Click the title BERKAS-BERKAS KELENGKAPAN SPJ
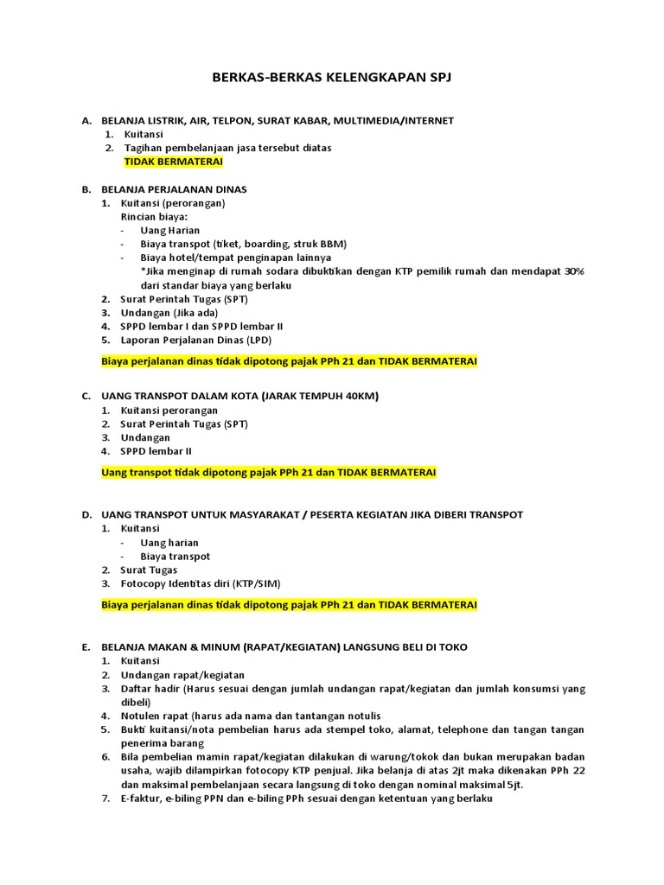[332, 78]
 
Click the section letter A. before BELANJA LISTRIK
[86, 120]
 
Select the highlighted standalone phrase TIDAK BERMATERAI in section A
[174, 162]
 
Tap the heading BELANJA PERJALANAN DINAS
[174, 188]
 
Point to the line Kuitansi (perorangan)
[174, 202]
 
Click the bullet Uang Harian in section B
[170, 230]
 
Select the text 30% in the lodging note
[574, 271]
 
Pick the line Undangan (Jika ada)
[170, 312]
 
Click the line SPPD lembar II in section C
[156, 450]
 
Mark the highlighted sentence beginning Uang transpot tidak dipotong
[269, 473]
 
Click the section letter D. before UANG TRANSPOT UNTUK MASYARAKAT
[86, 514]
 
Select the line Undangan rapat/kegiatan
[182, 674]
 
